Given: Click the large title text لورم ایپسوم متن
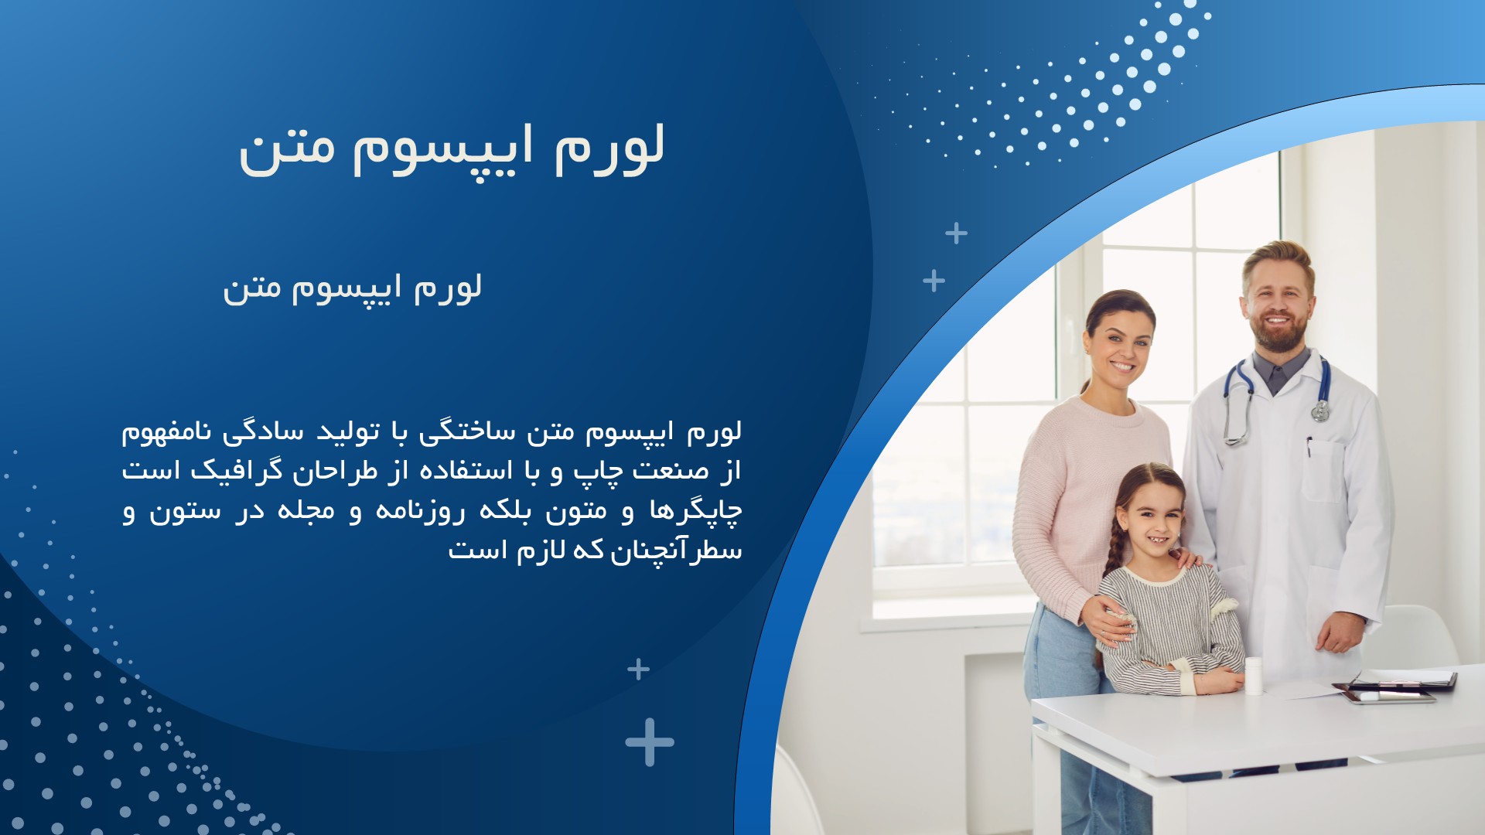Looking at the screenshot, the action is point(452,149).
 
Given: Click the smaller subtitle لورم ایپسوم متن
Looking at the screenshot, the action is point(353,288).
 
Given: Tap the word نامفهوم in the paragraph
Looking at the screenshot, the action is point(166,431).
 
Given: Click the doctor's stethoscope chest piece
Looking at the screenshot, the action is point(1320,411).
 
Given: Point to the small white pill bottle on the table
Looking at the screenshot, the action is point(1254,676).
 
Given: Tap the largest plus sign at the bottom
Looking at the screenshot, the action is point(650,742).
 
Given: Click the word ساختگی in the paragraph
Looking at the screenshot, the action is point(466,431).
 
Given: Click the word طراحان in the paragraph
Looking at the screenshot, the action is point(335,470).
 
